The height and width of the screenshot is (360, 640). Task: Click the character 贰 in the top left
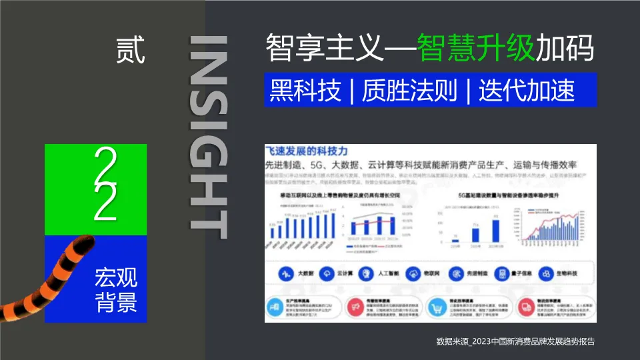click(x=131, y=51)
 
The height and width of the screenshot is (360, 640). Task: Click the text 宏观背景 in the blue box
click(x=116, y=290)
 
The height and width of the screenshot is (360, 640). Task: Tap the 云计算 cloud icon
click(x=327, y=273)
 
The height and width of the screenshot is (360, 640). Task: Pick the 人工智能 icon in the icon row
click(x=367, y=273)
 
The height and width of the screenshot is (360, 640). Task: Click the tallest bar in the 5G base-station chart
click(x=496, y=230)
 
